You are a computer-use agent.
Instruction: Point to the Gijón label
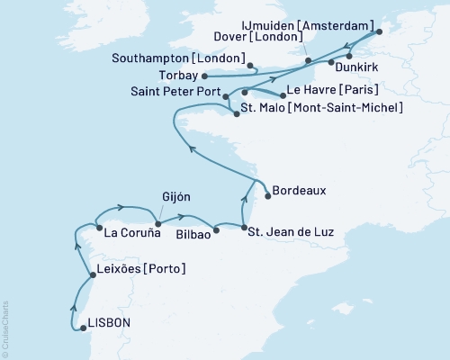click(176, 197)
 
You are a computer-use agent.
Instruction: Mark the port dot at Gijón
click(157, 224)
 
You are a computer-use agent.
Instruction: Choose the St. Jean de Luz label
click(291, 232)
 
